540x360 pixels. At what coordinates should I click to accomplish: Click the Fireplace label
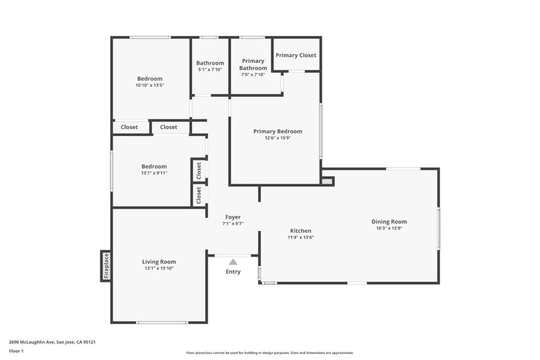click(x=107, y=266)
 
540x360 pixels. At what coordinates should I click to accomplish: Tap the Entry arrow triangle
click(x=233, y=262)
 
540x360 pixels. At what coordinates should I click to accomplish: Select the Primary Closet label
click(x=296, y=55)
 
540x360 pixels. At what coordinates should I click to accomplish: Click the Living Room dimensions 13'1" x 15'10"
click(x=159, y=268)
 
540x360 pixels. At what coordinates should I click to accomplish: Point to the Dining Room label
click(x=389, y=222)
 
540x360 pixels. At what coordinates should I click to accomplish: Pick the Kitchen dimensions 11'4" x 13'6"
click(x=301, y=237)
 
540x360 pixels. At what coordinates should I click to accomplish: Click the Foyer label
click(x=233, y=217)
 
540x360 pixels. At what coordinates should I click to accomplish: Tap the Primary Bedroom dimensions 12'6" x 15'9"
click(x=278, y=138)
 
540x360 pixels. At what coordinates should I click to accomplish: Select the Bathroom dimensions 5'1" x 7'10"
click(x=210, y=70)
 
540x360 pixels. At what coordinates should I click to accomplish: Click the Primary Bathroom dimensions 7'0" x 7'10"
click(x=253, y=74)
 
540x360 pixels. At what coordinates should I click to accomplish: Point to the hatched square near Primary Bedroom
click(x=327, y=181)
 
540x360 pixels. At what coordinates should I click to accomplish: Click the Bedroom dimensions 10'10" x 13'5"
click(x=150, y=85)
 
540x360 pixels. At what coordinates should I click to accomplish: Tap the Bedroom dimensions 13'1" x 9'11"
click(x=154, y=173)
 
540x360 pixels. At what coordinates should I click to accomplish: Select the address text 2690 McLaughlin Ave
click(x=32, y=342)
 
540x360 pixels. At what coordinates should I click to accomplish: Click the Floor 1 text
click(x=16, y=351)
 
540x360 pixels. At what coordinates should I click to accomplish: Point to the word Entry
click(x=233, y=272)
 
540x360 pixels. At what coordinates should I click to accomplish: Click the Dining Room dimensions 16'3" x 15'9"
click(x=389, y=228)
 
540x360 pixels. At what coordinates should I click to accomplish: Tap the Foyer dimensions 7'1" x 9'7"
click(x=233, y=223)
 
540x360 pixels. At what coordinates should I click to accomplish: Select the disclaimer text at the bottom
click(x=270, y=353)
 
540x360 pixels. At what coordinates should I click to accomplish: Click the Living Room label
click(x=159, y=262)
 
